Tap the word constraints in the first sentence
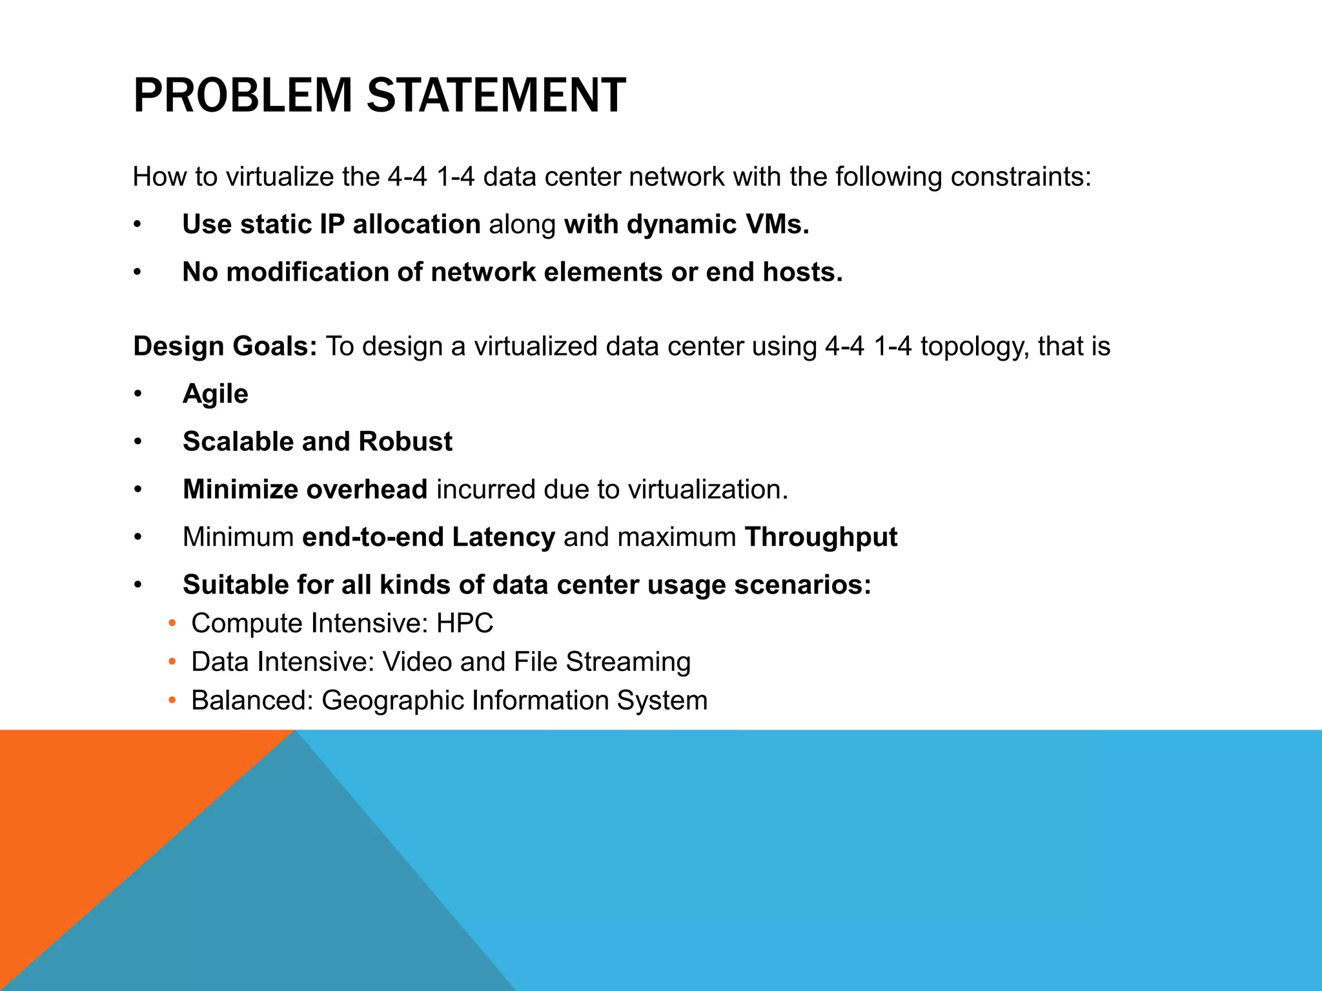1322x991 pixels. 1021,177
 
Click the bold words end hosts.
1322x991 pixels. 774,272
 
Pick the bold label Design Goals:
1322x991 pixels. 225,346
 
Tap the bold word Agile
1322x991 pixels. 216,394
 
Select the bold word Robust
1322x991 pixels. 405,442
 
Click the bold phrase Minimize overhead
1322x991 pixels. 305,490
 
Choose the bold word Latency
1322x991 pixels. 503,537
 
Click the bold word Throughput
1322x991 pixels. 820,537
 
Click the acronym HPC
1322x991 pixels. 465,623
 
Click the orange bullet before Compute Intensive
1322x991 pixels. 172,624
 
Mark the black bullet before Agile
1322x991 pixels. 137,394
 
